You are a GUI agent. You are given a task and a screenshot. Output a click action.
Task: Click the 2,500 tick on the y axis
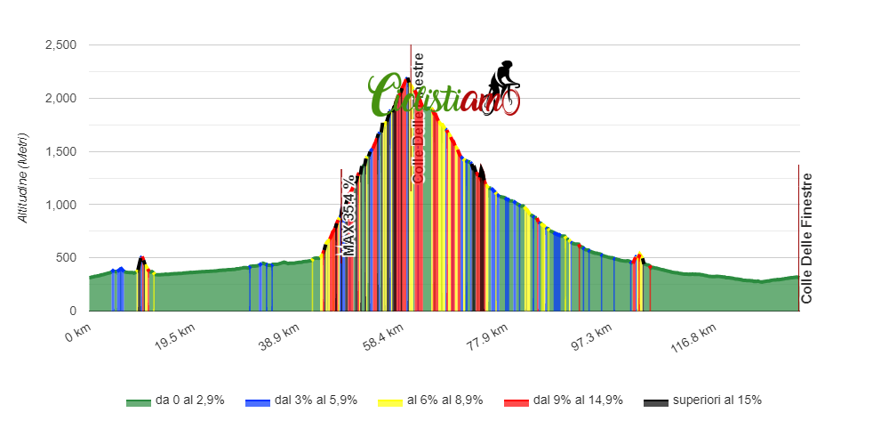pyautogui.click(x=60, y=45)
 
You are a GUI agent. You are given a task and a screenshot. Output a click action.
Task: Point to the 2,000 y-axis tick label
pyautogui.click(x=60, y=99)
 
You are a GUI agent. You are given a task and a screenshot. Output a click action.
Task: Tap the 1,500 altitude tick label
pyautogui.click(x=60, y=152)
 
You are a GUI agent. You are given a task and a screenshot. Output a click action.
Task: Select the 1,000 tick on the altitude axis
pyautogui.click(x=60, y=206)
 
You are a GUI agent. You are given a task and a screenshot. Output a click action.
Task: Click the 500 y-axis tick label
pyautogui.click(x=66, y=258)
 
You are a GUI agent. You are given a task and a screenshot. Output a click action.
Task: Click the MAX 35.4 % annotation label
pyautogui.click(x=349, y=214)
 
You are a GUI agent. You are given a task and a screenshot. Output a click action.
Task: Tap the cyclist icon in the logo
pyautogui.click(x=504, y=86)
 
